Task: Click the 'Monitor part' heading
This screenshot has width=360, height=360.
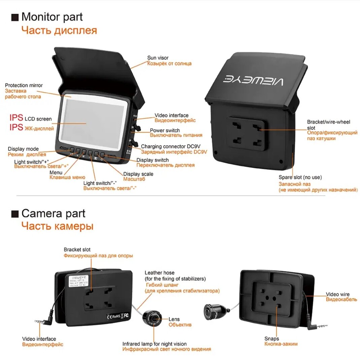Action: click(52, 17)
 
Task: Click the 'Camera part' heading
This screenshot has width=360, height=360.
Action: click(53, 213)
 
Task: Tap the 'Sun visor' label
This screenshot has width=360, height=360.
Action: click(158, 58)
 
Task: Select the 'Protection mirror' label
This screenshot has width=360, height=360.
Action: click(24, 85)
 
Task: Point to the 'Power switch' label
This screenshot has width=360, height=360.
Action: click(165, 130)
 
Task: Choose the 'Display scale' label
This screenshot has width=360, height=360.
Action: click(138, 174)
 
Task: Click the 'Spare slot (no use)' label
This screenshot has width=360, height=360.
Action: click(300, 177)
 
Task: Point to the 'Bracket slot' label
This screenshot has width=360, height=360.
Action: click(77, 250)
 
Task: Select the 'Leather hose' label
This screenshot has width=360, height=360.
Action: click(159, 273)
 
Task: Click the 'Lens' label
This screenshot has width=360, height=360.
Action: click(174, 319)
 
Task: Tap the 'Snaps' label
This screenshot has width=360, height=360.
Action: click(272, 339)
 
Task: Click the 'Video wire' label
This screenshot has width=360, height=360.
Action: click(337, 294)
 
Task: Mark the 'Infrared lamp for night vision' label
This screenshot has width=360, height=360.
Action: click(154, 344)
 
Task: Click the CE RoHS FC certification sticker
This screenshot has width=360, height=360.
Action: click(118, 316)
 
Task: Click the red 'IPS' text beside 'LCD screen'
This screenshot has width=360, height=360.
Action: click(16, 118)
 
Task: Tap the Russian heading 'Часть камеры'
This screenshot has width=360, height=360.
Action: click(57, 226)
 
